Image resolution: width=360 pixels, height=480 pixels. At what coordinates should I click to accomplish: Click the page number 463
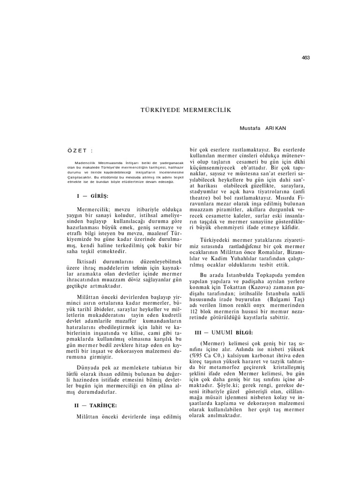pos(306,58)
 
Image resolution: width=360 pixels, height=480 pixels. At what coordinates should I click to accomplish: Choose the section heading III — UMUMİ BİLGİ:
pos(224,332)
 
